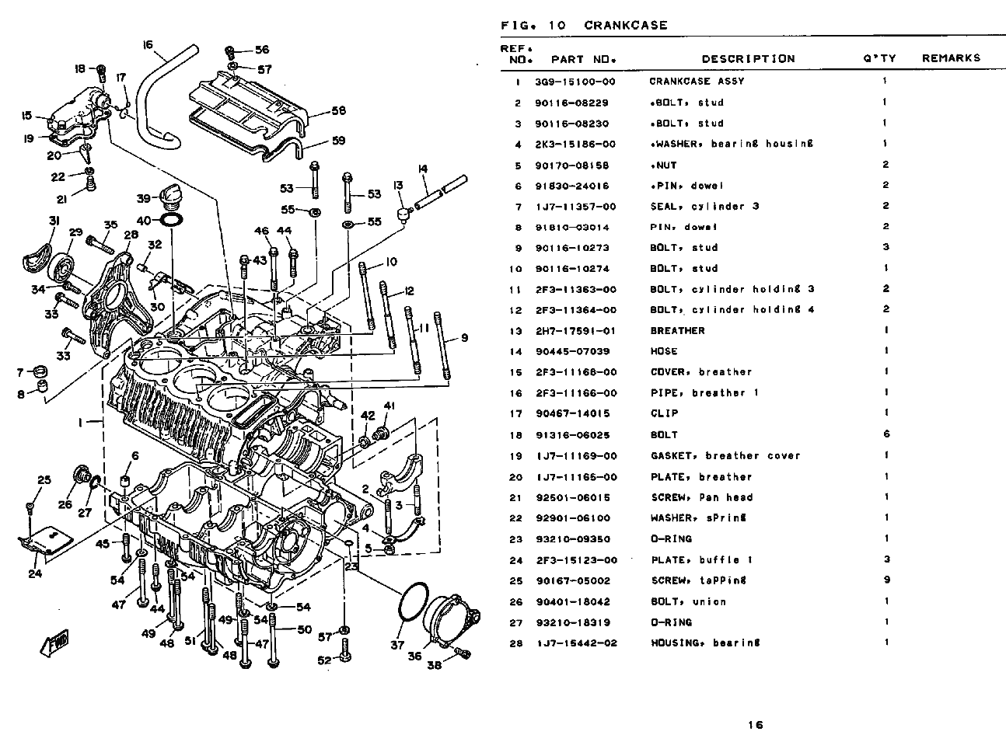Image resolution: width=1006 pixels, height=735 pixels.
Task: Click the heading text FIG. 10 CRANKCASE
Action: click(584, 26)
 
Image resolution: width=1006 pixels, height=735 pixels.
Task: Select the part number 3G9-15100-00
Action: click(575, 82)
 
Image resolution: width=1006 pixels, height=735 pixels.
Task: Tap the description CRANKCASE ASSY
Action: click(697, 82)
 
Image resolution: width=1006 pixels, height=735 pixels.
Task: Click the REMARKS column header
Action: click(951, 58)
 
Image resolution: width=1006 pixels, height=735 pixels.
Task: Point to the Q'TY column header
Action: click(879, 58)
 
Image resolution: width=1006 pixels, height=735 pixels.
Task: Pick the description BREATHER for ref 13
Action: click(677, 330)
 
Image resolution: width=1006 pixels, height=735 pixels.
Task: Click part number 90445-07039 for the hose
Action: click(575, 351)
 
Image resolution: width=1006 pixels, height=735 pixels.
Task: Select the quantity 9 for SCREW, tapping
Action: click(886, 580)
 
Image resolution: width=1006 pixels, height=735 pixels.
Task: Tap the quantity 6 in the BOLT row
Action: click(886, 434)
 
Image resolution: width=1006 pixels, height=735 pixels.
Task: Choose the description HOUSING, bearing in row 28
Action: click(705, 643)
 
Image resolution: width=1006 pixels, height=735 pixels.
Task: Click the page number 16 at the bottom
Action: click(755, 725)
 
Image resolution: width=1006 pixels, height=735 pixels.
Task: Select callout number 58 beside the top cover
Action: click(338, 111)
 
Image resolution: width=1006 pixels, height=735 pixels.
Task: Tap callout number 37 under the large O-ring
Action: click(398, 645)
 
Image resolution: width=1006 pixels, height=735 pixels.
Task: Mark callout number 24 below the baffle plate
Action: click(35, 574)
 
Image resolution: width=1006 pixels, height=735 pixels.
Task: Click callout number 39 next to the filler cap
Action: click(144, 197)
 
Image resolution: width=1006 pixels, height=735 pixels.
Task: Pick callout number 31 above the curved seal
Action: click(54, 221)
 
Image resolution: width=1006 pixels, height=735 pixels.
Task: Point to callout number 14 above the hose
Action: click(423, 169)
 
